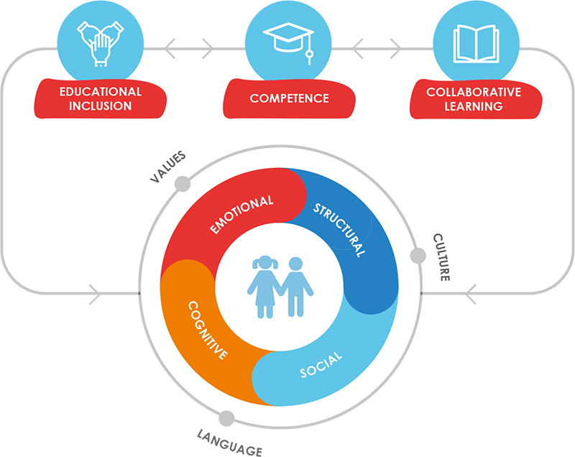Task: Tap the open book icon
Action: [476, 44]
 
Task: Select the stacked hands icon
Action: [100, 44]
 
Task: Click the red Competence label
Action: [290, 98]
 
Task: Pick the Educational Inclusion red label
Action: [101, 98]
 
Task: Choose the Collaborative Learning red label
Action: [476, 99]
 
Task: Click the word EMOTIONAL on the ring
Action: [241, 214]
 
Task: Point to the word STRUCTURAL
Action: [339, 230]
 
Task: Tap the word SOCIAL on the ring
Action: [321, 365]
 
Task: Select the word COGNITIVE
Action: [208, 331]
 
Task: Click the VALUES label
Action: [168, 167]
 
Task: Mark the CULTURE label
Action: [441, 257]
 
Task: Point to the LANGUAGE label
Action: [230, 443]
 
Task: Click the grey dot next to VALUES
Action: [183, 184]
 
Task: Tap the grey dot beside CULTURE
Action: [418, 255]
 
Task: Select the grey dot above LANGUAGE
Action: [226, 418]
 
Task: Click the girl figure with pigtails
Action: [264, 287]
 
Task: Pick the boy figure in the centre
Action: [295, 287]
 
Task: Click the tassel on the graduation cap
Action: [310, 50]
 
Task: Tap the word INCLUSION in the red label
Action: [101, 106]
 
